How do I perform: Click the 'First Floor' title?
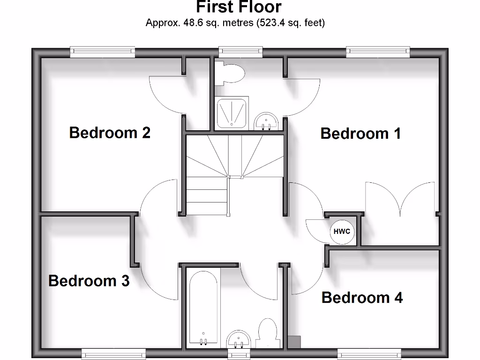tap(239, 7)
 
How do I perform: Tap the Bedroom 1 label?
tap(360, 134)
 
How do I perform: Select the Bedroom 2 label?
tap(110, 133)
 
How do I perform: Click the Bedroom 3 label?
tap(89, 281)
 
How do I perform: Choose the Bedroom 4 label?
tap(362, 298)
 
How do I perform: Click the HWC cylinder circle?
tap(342, 232)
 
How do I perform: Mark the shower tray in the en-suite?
tap(232, 112)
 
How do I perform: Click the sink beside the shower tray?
tap(267, 122)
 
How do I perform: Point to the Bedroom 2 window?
tap(103, 52)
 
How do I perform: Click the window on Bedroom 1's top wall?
tap(378, 52)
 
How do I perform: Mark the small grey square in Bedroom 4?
tap(295, 342)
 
